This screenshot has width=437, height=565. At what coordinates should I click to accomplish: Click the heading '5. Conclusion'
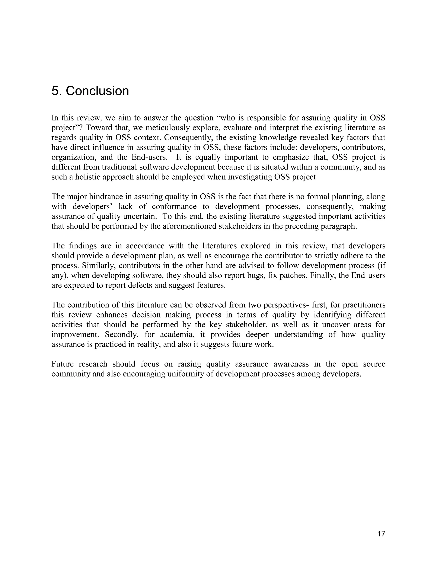pos(90,91)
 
